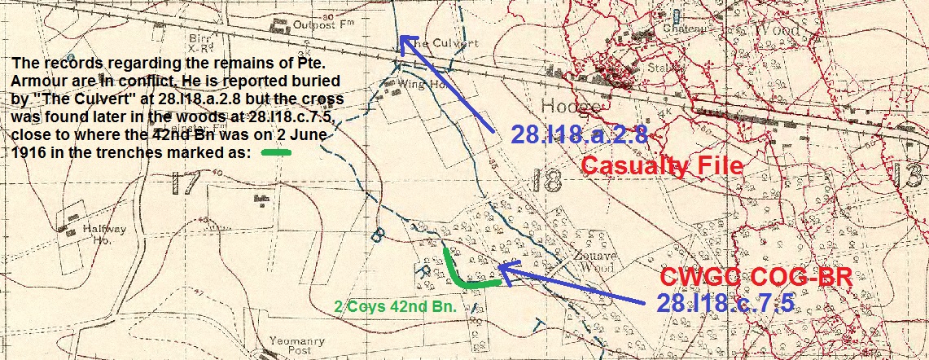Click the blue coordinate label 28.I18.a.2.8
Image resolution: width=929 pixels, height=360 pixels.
point(579,135)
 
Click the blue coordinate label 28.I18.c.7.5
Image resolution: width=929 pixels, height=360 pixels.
point(725,303)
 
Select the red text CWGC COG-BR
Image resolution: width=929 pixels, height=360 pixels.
point(756,277)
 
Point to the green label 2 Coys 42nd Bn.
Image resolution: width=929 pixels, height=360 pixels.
point(395,307)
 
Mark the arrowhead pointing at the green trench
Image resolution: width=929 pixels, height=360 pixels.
point(502,266)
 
